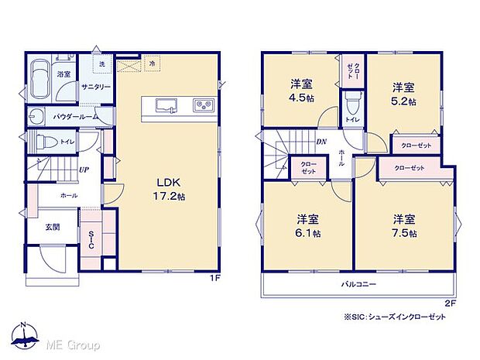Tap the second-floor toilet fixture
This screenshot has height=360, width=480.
(x=352, y=102)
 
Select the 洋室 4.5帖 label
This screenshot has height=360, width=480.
(x=301, y=91)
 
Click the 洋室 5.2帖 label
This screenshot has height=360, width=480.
(x=403, y=93)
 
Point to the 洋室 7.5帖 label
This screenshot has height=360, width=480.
(x=403, y=225)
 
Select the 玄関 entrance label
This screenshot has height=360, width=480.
(x=52, y=227)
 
